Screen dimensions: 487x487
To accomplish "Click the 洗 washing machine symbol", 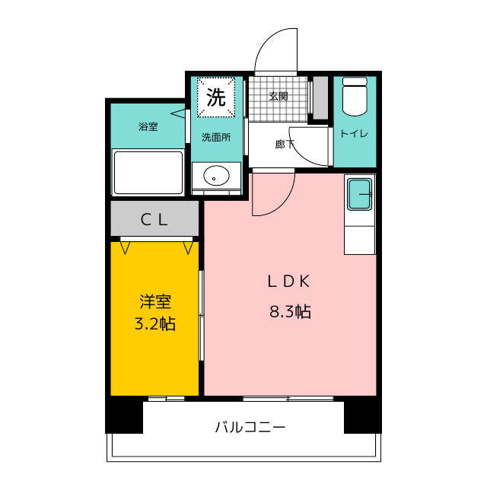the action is pyautogui.click(x=216, y=97).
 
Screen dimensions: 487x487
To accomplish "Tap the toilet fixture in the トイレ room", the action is pyautogui.click(x=355, y=97).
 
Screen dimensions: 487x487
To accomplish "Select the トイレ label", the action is pyautogui.click(x=355, y=134).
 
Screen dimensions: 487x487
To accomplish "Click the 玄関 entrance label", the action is pyautogui.click(x=279, y=97).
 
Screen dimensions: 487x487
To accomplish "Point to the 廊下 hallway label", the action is pyautogui.click(x=285, y=144).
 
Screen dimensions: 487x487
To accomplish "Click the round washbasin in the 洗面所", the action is pyautogui.click(x=216, y=176).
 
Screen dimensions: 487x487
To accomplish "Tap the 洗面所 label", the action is pyautogui.click(x=216, y=137).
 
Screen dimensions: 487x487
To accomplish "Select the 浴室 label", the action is pyautogui.click(x=148, y=126).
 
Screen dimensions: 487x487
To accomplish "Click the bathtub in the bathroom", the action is pyautogui.click(x=148, y=173).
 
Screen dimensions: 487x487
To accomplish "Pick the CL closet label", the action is pyautogui.click(x=154, y=220).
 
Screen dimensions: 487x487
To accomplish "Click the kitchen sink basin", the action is pyautogui.click(x=360, y=195).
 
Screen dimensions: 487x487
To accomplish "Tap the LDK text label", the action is pyautogui.click(x=289, y=282).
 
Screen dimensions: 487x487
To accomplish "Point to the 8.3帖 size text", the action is pyautogui.click(x=290, y=311).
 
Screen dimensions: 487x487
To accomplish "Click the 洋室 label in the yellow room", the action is pyautogui.click(x=155, y=301).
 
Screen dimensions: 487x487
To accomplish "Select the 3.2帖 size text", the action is pyautogui.click(x=155, y=323).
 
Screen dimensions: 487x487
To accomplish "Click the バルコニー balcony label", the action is pyautogui.click(x=250, y=428).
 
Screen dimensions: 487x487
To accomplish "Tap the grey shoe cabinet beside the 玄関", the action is pyautogui.click(x=320, y=97).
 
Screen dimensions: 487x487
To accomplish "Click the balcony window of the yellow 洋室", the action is pyautogui.click(x=166, y=399).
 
